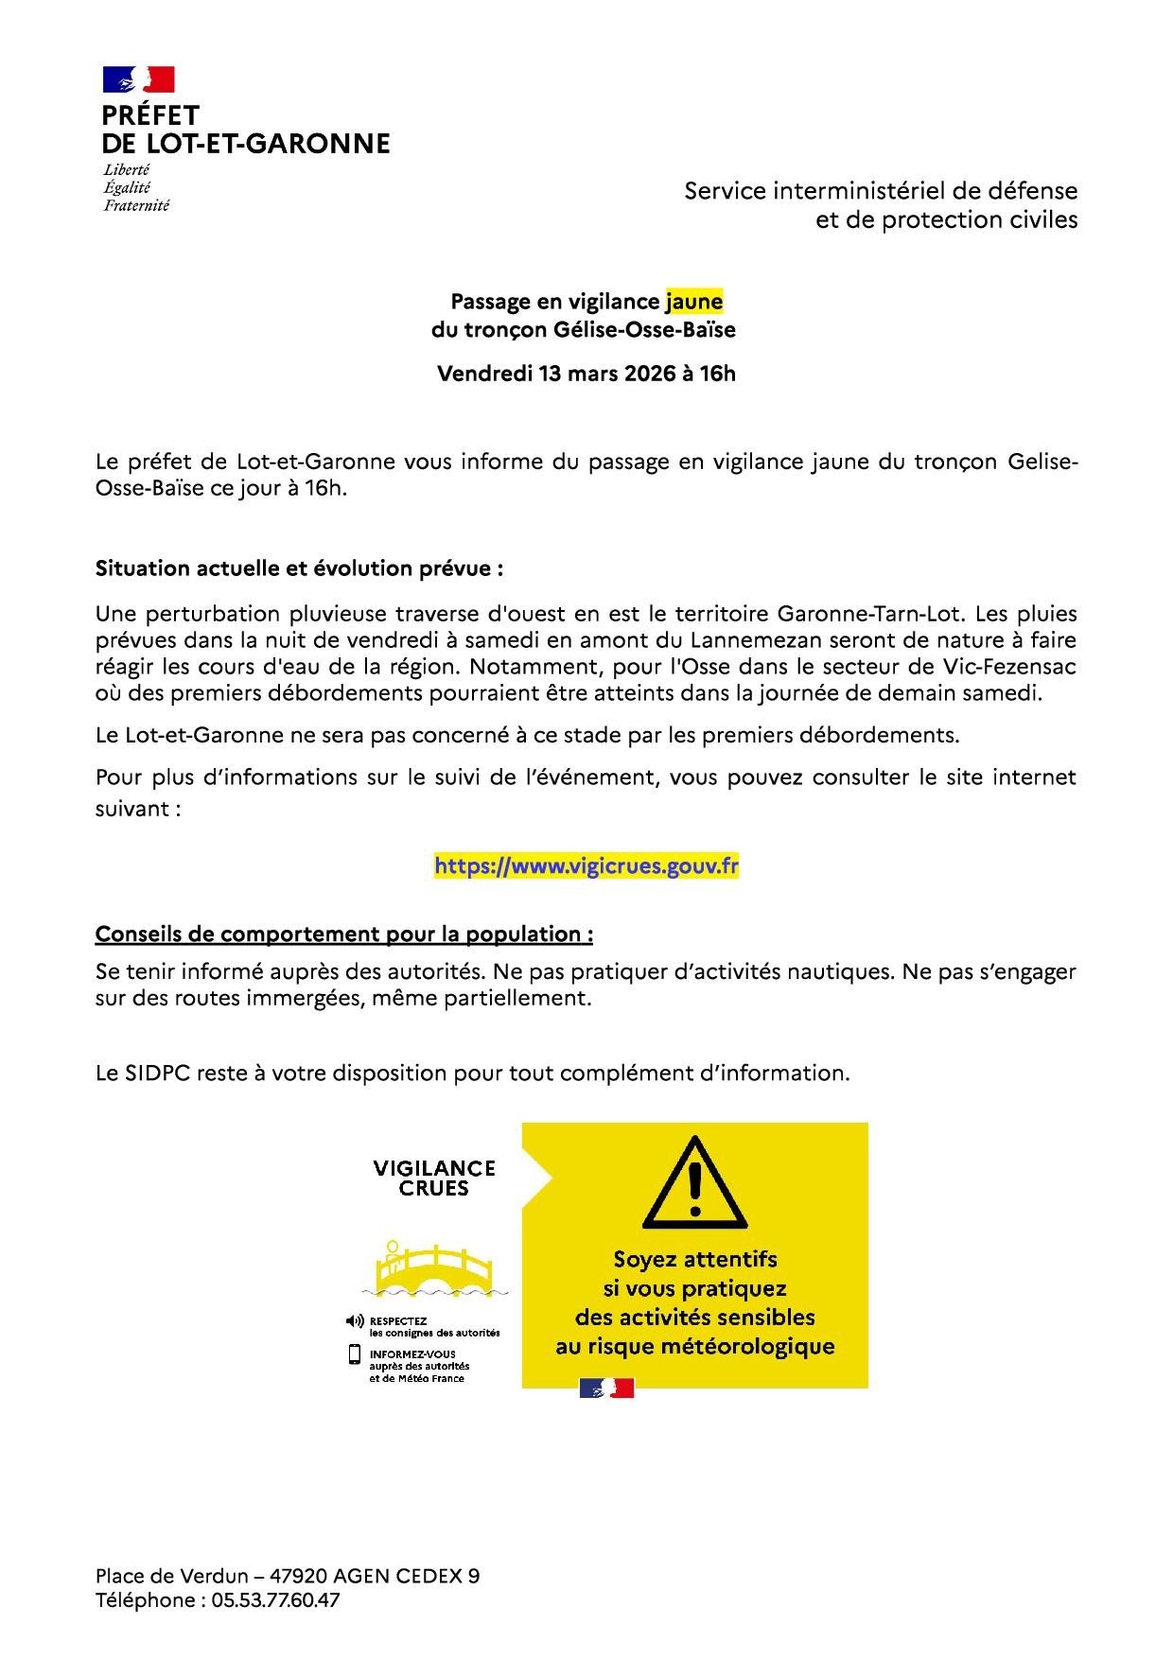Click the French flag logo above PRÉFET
(139, 79)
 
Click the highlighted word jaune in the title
(694, 302)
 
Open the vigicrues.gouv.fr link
(586, 865)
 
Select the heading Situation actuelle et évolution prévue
(299, 568)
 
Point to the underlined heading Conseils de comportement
(344, 934)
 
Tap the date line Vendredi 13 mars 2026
(586, 374)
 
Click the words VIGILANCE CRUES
(434, 1179)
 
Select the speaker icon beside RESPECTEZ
(355, 1320)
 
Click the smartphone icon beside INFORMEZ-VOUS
(355, 1354)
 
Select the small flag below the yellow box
(606, 1388)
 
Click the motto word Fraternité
(136, 205)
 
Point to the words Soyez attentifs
(695, 1259)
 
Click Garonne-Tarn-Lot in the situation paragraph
(869, 614)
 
